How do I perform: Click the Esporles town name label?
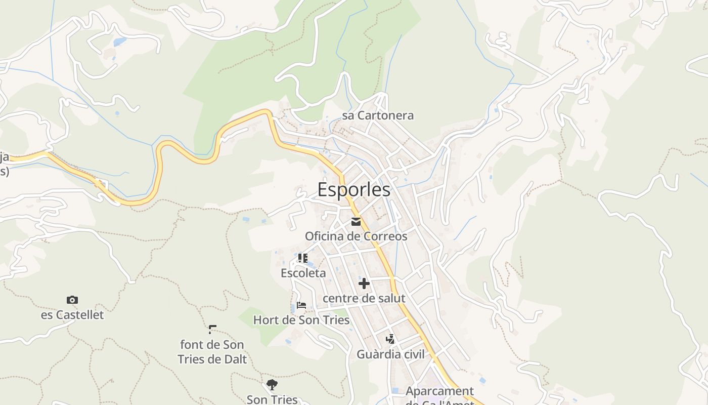click(x=354, y=190)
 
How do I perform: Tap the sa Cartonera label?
click(x=378, y=115)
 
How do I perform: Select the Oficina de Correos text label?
click(x=356, y=236)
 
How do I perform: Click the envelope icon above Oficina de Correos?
click(x=356, y=222)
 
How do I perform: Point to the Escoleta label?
click(x=303, y=273)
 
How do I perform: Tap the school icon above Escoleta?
click(x=303, y=259)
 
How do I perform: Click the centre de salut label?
click(x=364, y=298)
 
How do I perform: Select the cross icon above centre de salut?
click(x=364, y=283)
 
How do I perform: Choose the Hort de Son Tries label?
click(x=301, y=320)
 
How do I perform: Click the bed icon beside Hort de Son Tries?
click(x=301, y=305)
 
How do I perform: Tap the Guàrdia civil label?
click(x=391, y=354)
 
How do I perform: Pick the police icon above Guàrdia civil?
click(x=390, y=339)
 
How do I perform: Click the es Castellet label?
click(x=72, y=315)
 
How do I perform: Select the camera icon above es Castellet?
click(x=72, y=300)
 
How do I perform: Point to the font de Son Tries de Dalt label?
click(x=212, y=352)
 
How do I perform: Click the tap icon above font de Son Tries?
click(x=212, y=329)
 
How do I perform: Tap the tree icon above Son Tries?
click(x=272, y=385)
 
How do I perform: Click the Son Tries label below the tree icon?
click(x=272, y=399)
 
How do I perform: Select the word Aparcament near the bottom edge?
click(x=439, y=391)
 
